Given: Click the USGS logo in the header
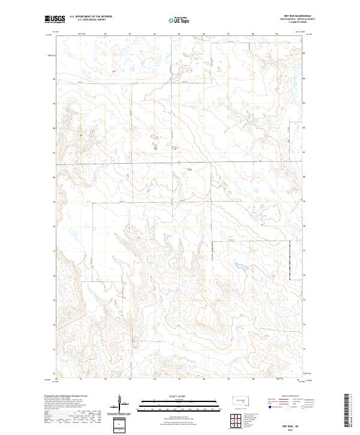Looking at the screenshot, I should click(55, 19).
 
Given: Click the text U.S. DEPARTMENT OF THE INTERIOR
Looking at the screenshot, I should click(91, 17).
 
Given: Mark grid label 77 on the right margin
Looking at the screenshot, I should click(305, 251).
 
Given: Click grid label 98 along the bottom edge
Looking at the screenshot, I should click(253, 379).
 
